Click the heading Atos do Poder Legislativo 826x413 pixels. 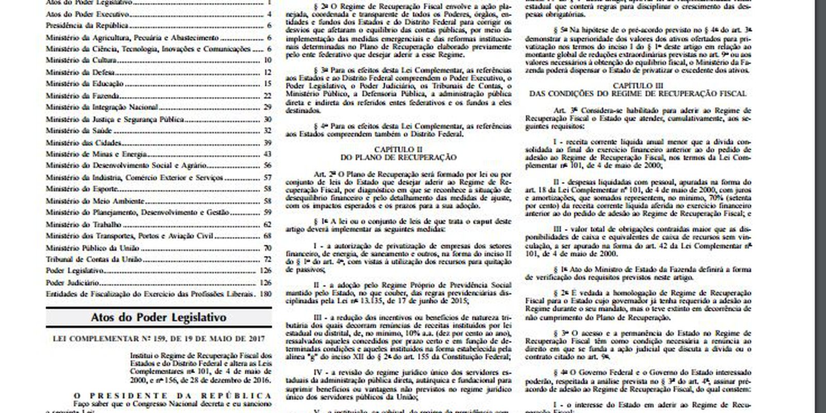tap(158, 317)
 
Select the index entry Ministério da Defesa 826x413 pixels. tap(80, 72)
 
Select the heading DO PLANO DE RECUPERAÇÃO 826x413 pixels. tap(398, 156)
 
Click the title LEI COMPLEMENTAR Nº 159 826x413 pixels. tap(158, 339)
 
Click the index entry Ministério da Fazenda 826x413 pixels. tap(82, 96)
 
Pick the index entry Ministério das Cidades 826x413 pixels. tap(83, 143)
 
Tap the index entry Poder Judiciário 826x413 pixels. tap(72, 283)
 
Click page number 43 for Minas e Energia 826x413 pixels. tap(267, 154)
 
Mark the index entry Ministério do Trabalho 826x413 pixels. tap(83, 225)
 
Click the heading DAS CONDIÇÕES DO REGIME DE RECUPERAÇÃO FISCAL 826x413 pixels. tap(638, 94)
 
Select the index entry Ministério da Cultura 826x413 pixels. tap(80, 61)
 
